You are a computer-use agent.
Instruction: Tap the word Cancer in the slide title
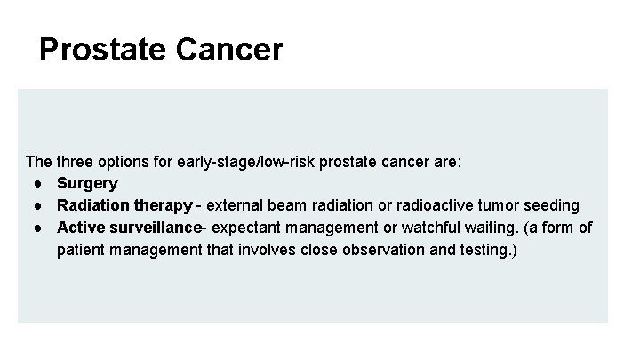(231, 50)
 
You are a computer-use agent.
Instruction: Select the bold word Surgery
(87, 184)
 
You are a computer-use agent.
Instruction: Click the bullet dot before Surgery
(42, 184)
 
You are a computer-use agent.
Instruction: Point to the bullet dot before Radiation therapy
(42, 206)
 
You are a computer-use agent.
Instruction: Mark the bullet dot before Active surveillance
(42, 228)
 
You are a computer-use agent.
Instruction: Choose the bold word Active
(79, 228)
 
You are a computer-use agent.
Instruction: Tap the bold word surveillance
(153, 228)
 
